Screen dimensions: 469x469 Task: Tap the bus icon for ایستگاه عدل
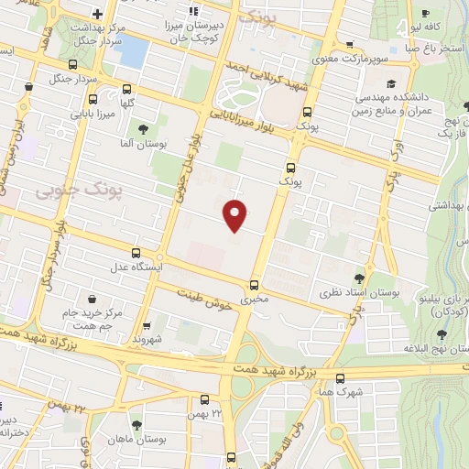[x=136, y=253]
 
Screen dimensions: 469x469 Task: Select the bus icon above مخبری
[x=254, y=284]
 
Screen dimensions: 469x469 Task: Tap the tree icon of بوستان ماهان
[x=136, y=424]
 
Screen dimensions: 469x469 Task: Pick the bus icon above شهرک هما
[x=341, y=377]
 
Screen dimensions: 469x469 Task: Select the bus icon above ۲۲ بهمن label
[x=204, y=399]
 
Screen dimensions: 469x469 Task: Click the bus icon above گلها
[x=126, y=89]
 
